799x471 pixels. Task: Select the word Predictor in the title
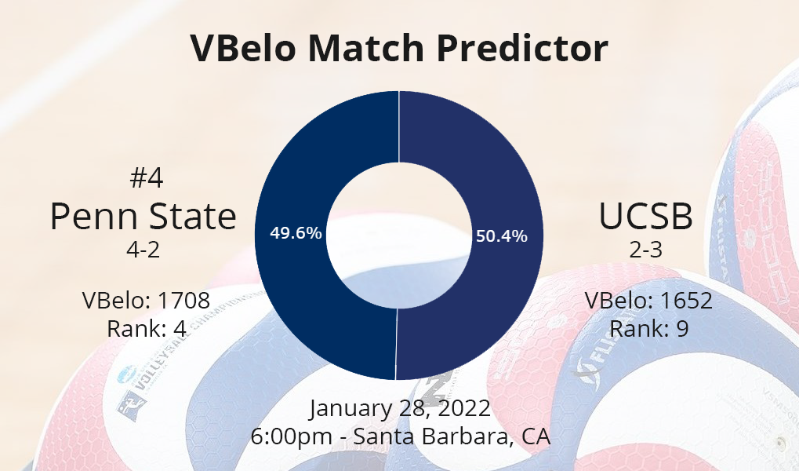coord(521,47)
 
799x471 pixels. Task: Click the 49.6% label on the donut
coord(296,233)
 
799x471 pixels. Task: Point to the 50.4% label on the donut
coord(501,236)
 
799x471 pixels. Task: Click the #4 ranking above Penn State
coord(147,178)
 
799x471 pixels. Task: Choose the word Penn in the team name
coord(94,217)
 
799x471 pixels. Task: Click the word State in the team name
coord(193,217)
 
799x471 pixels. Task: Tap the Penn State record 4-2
coord(143,250)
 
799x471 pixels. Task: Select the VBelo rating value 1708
coord(183,300)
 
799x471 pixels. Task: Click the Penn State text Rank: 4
coord(147,329)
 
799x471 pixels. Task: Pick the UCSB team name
coord(645,217)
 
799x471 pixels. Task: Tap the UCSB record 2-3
coord(645,250)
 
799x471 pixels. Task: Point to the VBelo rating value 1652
coord(686,300)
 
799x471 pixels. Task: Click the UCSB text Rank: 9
coord(649,329)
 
